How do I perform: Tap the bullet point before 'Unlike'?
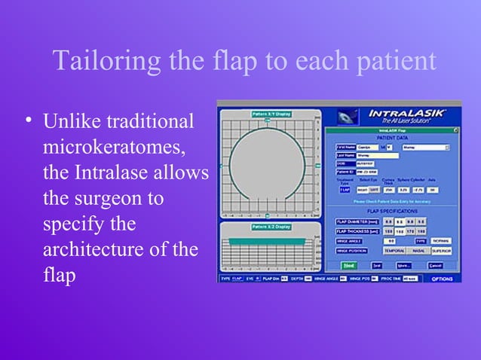[29, 121]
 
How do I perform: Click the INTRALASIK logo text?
[407, 113]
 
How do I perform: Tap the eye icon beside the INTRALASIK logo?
[348, 116]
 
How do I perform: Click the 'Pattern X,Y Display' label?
[271, 114]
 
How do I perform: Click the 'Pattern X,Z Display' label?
[271, 226]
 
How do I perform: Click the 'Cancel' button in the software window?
[435, 266]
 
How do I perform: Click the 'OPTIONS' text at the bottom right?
[443, 279]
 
